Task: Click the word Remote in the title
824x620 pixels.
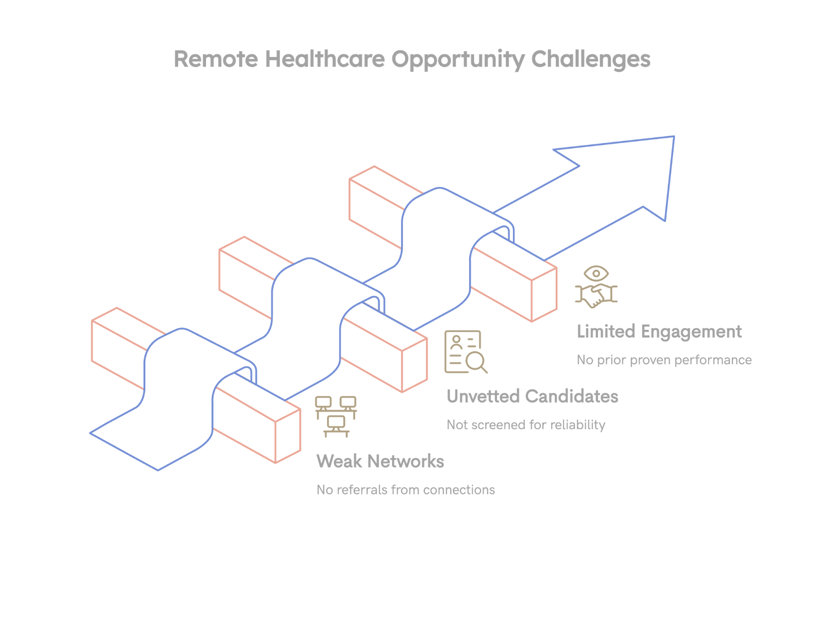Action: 216,59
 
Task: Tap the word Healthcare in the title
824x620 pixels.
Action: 325,59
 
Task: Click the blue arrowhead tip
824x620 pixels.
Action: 673,138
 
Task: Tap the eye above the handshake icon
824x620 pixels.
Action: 596,274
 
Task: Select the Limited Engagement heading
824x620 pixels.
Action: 659,332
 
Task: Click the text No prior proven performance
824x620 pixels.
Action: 664,360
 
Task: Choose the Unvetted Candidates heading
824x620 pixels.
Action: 532,397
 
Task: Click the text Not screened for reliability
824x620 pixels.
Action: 525,425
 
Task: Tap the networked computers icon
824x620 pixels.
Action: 336,416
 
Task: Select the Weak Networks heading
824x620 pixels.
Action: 380,462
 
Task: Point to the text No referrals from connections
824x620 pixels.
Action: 405,490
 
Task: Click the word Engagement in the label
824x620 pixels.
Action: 691,332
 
